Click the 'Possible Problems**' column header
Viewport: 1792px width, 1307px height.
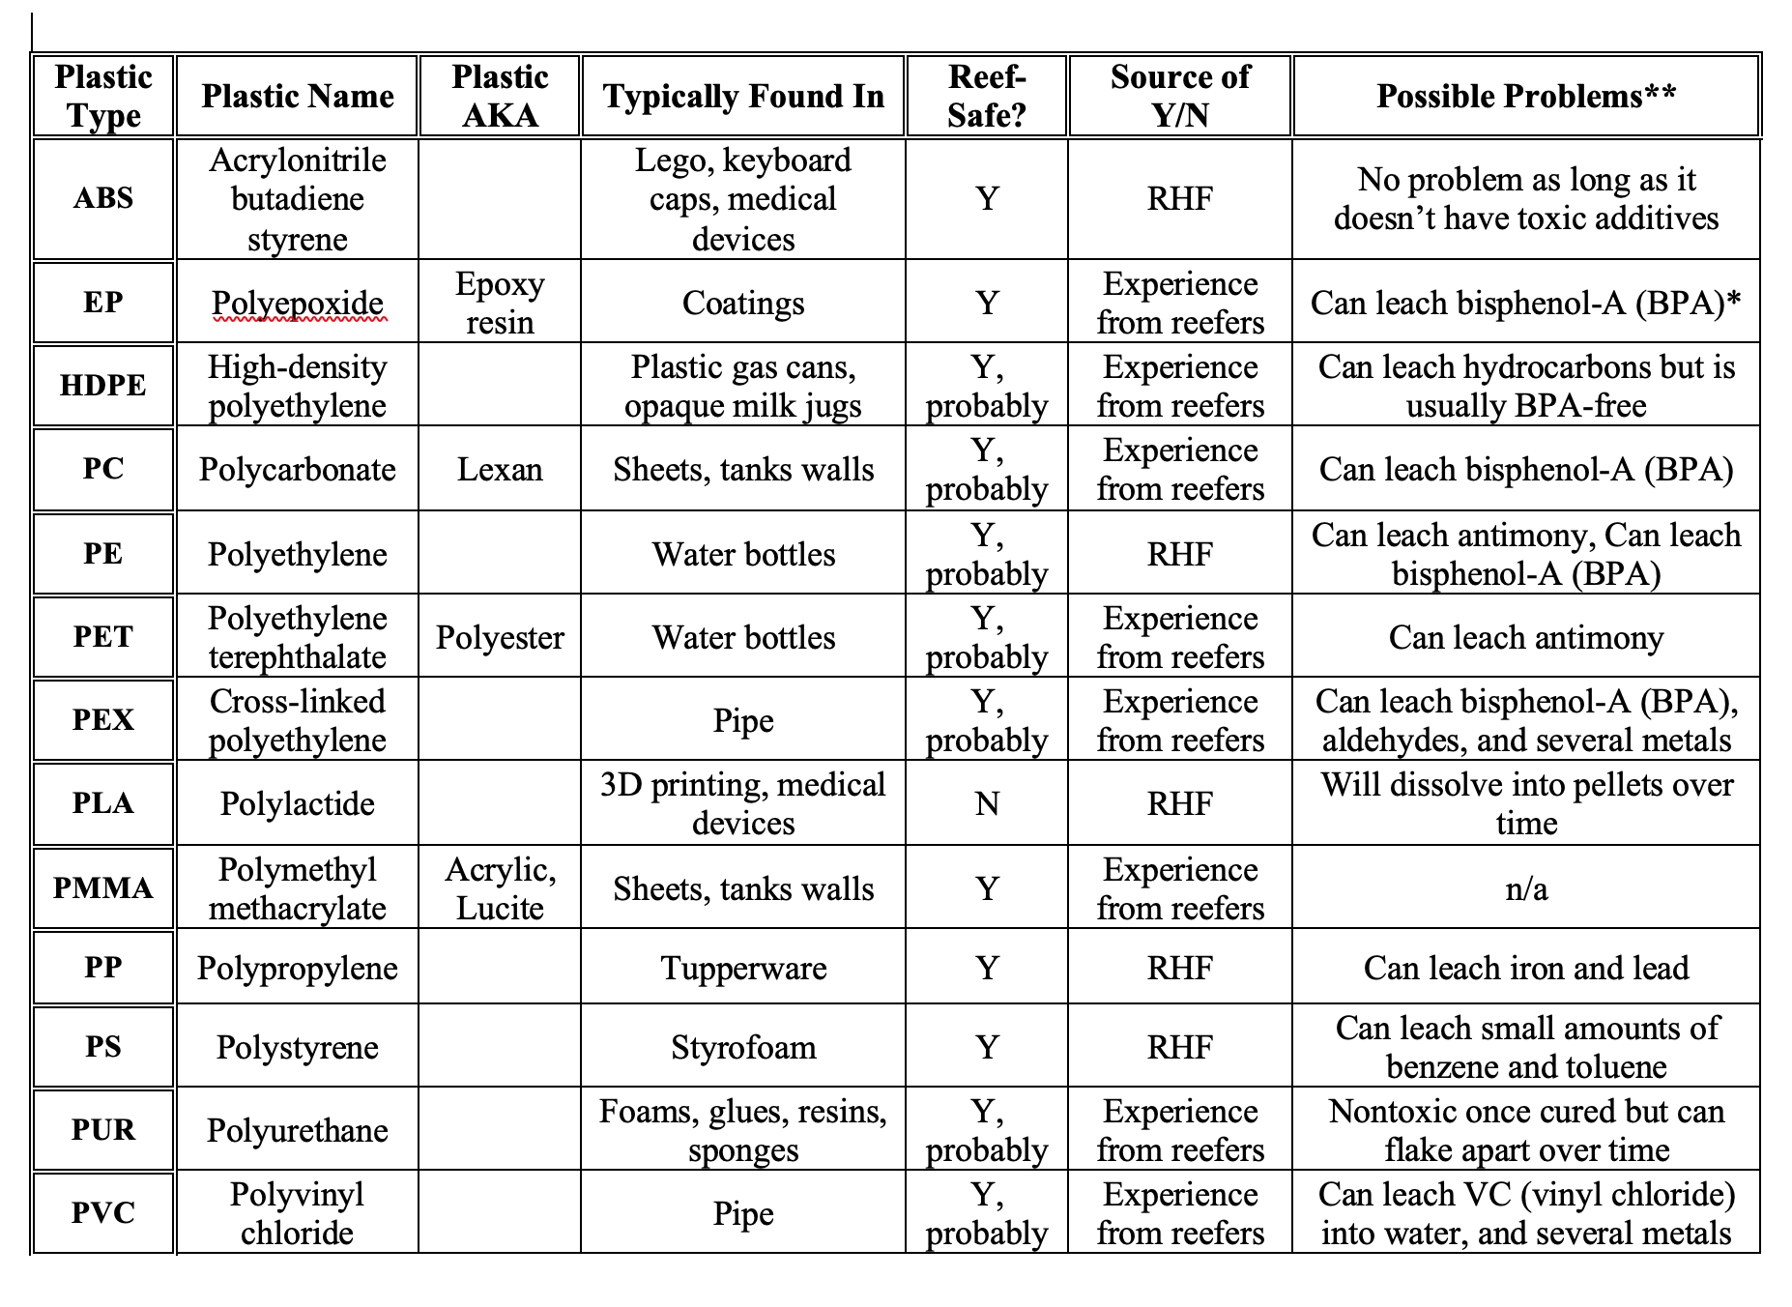coord(1525,97)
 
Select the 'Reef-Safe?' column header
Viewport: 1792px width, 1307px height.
coord(986,97)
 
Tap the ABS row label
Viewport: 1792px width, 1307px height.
coord(103,198)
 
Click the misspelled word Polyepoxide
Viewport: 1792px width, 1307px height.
coord(298,304)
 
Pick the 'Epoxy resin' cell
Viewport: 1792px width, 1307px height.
coord(500,303)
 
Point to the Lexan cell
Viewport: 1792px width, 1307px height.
coord(500,470)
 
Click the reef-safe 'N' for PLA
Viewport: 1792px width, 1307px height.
coord(986,803)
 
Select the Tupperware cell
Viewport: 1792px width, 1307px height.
coord(743,968)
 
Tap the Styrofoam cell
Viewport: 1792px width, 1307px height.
coord(743,1047)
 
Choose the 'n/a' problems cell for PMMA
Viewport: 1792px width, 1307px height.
coord(1525,888)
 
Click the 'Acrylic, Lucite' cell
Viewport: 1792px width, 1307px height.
coord(500,888)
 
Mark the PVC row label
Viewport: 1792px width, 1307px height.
coord(103,1212)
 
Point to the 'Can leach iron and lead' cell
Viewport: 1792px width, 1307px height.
coord(1525,968)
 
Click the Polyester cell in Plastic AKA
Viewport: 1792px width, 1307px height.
coord(500,638)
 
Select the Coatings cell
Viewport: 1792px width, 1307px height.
coord(743,304)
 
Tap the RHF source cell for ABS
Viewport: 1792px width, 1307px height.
coord(1179,198)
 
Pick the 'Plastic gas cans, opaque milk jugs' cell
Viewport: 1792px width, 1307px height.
coord(743,387)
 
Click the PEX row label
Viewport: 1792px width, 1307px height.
coord(103,720)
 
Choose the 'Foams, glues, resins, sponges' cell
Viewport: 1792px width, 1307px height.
coord(743,1130)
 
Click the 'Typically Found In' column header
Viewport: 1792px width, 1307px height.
coord(743,97)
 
